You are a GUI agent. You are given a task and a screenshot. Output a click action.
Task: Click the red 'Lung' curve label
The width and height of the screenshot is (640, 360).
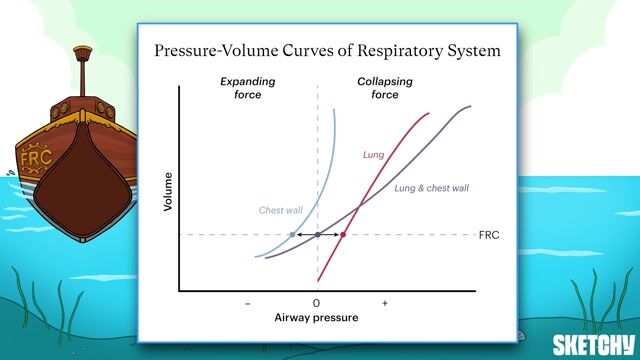click(x=373, y=155)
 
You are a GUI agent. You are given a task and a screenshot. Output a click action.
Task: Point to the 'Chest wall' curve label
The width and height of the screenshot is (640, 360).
click(x=280, y=210)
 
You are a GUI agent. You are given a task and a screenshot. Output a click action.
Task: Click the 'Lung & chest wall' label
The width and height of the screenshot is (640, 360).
click(x=432, y=188)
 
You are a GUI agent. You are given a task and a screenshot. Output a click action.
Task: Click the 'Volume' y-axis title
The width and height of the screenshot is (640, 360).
click(x=168, y=192)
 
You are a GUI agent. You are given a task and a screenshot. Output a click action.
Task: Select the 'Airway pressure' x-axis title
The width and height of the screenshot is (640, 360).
click(x=316, y=317)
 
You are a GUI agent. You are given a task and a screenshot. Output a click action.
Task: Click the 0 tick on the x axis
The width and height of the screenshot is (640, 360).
click(x=317, y=302)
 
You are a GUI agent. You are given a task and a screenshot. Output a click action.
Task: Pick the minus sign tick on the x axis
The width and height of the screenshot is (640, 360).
click(x=247, y=302)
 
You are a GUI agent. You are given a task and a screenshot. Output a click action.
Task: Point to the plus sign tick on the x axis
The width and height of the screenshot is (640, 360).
click(x=384, y=302)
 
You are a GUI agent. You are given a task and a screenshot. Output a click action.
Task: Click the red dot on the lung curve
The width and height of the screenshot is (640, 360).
click(x=343, y=235)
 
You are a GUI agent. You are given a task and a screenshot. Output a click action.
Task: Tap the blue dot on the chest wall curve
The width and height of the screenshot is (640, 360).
click(x=292, y=235)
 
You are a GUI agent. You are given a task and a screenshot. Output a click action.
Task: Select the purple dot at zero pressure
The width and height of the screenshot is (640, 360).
click(x=317, y=235)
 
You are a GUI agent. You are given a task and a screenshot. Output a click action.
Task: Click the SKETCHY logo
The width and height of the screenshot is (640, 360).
click(x=596, y=340)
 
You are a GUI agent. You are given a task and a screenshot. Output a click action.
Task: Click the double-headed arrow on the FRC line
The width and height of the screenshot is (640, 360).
click(x=318, y=235)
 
